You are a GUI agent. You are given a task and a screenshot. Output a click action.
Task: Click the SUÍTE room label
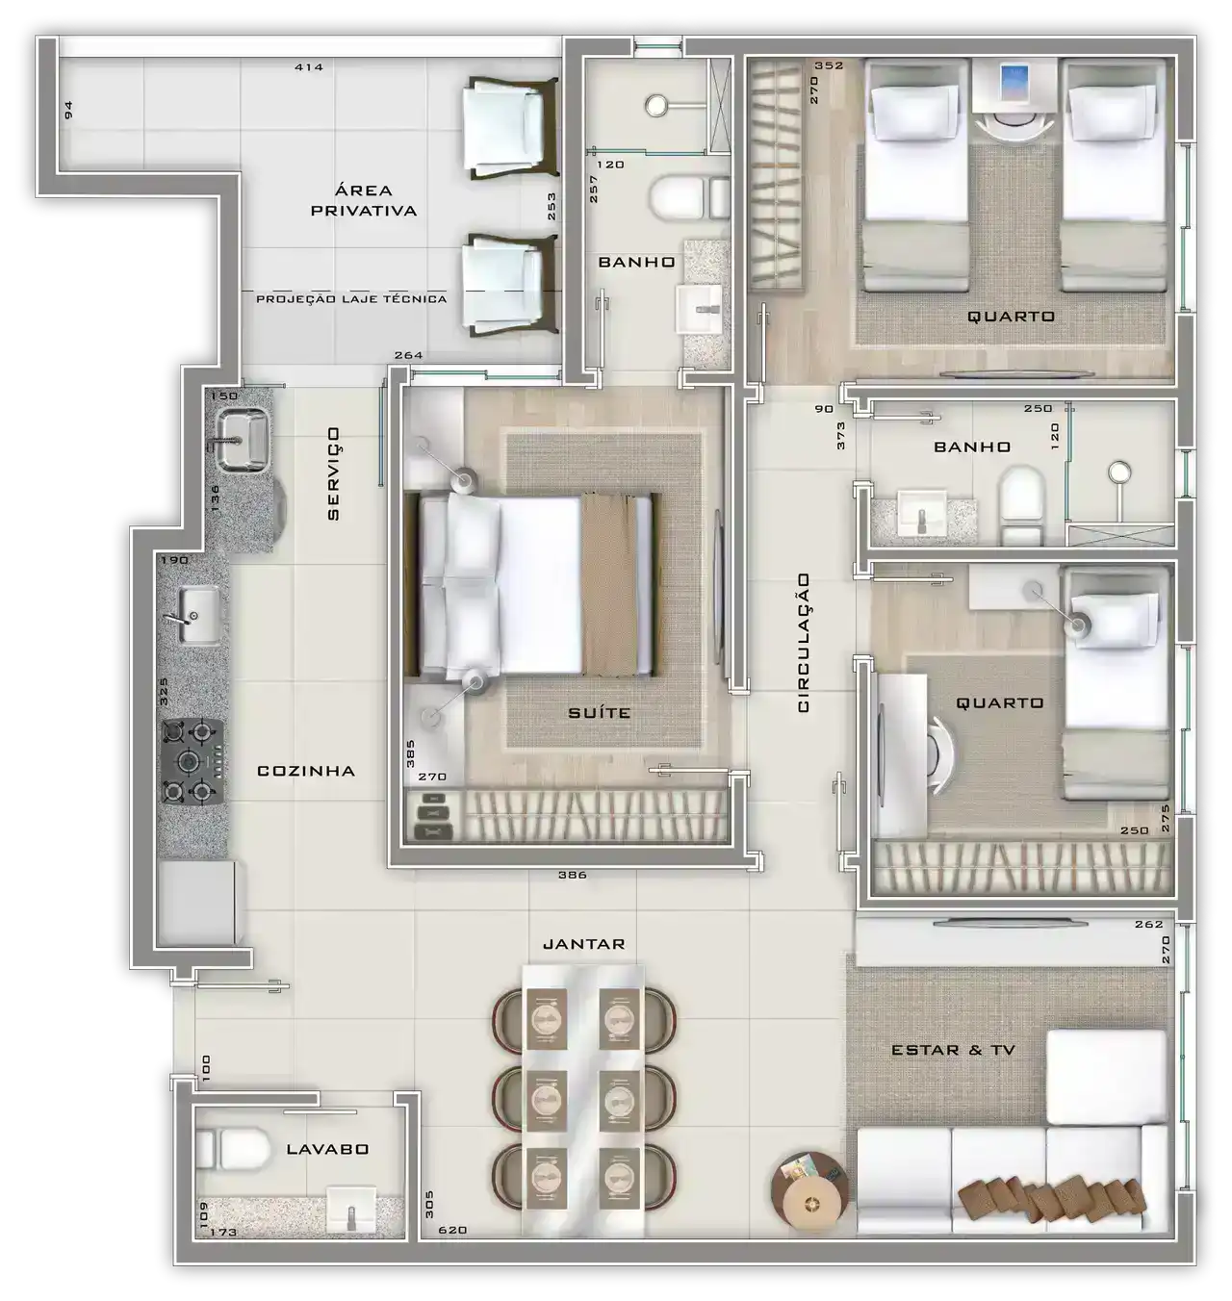[x=599, y=713]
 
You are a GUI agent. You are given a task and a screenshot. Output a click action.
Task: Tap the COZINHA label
[x=306, y=771]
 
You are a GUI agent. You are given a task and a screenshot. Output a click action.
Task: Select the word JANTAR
[x=583, y=944]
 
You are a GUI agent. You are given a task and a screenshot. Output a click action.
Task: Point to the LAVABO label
[x=327, y=1150]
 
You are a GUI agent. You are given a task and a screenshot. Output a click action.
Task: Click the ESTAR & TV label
[x=953, y=1050]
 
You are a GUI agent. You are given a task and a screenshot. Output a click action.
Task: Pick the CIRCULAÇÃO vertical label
[x=804, y=643]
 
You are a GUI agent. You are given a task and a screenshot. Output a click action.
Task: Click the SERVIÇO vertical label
[x=333, y=473]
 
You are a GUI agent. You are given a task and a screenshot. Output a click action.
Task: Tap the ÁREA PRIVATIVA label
[x=364, y=200]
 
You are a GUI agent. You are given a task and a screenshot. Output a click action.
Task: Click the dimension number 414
[x=309, y=66]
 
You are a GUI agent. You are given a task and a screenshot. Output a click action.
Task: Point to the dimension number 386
[x=572, y=875]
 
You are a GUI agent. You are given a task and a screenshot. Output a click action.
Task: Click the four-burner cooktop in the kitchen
[x=191, y=762]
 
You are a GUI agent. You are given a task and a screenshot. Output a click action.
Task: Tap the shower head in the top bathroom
[x=655, y=105]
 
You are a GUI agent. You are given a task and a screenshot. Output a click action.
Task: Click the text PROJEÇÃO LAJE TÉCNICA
[x=351, y=299]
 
